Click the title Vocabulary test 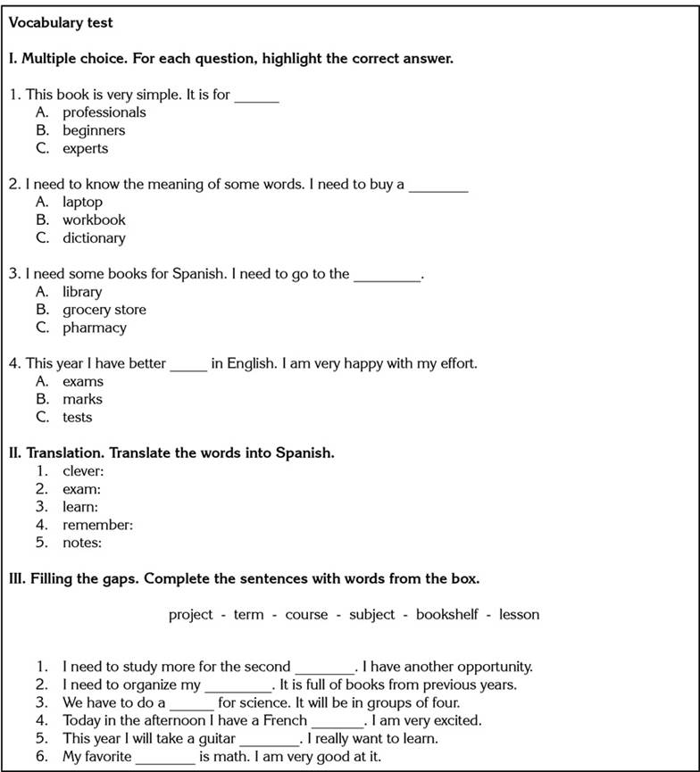pyautogui.click(x=61, y=22)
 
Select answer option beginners pyautogui.click(x=93, y=130)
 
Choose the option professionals pyautogui.click(x=104, y=112)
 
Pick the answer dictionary pyautogui.click(x=93, y=238)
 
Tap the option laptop pyautogui.click(x=82, y=202)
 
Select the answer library pyautogui.click(x=82, y=292)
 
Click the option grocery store pyautogui.click(x=104, y=310)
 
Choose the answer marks pyautogui.click(x=82, y=399)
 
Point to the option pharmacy pyautogui.click(x=94, y=328)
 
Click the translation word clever pyautogui.click(x=83, y=471)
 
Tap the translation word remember pyautogui.click(x=97, y=525)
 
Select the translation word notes pyautogui.click(x=81, y=543)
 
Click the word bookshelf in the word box pyautogui.click(x=446, y=614)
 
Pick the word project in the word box pyautogui.click(x=190, y=614)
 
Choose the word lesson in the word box pyautogui.click(x=519, y=614)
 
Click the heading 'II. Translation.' pyautogui.click(x=171, y=452)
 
